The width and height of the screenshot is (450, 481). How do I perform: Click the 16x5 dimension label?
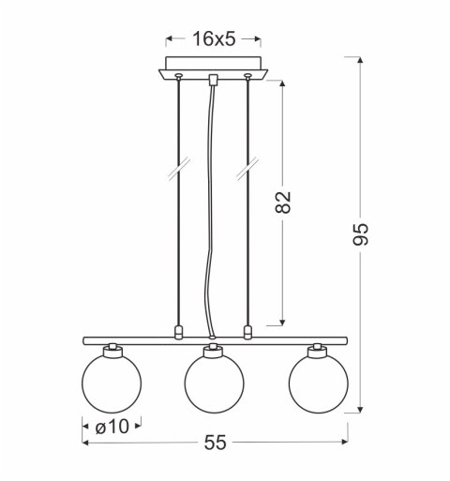[213, 38]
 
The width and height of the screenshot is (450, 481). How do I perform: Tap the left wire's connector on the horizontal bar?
[178, 331]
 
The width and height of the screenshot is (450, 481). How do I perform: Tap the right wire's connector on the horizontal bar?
[247, 331]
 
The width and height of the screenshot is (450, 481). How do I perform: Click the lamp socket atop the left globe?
[111, 349]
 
